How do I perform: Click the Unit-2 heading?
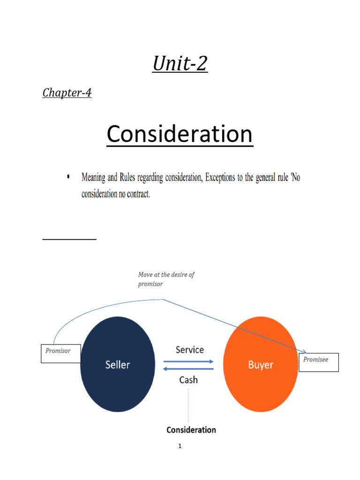tap(180, 64)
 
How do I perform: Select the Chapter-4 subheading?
tap(67, 92)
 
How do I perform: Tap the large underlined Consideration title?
tap(180, 134)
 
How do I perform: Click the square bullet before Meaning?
tap(68, 176)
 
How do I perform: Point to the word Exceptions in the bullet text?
tap(220, 177)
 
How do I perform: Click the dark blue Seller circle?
tap(118, 364)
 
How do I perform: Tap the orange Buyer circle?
tap(261, 364)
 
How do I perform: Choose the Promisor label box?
tap(61, 353)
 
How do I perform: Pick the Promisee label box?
tap(319, 362)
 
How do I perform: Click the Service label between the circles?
tap(190, 350)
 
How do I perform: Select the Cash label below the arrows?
tap(188, 380)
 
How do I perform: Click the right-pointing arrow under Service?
tap(188, 361)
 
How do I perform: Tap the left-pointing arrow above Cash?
tap(188, 369)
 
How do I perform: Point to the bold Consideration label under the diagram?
tap(191, 430)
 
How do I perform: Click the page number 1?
tap(180, 446)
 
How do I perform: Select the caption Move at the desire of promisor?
tap(166, 279)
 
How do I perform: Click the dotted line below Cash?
tap(188, 405)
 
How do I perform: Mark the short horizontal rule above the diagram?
tap(69, 239)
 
